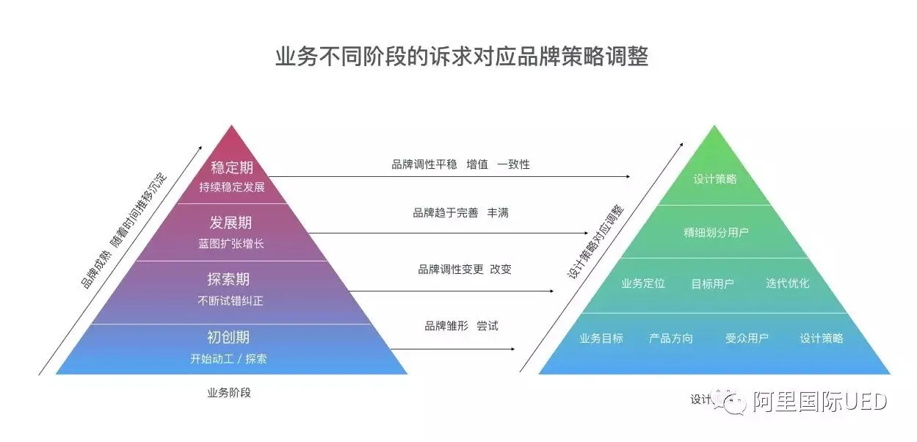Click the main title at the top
tap(461, 57)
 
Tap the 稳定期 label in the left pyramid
tap(231, 167)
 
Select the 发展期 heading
tap(231, 223)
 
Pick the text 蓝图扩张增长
tap(231, 244)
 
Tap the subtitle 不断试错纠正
tap(231, 300)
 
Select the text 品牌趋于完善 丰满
tap(460, 213)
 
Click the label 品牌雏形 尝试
tap(461, 325)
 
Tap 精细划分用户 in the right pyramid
tap(716, 233)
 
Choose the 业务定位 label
tap(642, 283)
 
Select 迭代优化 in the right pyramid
tap(787, 283)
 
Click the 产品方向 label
tap(670, 338)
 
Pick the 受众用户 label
tap(747, 338)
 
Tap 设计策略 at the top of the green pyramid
tap(714, 179)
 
